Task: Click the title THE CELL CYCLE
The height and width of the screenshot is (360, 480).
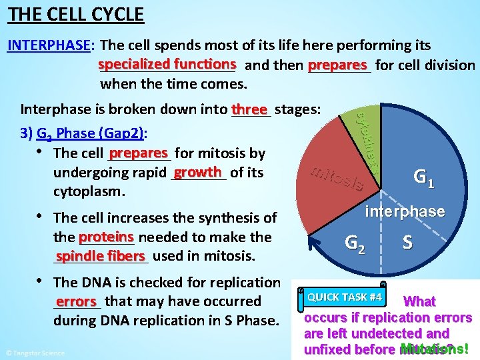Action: [76, 13]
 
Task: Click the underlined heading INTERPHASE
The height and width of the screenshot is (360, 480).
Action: [49, 45]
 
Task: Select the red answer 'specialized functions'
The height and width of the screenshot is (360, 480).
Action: [167, 64]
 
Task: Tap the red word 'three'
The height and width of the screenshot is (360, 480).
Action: [249, 108]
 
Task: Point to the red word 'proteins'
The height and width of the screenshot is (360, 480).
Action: [106, 237]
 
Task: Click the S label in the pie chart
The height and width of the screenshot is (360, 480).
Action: [407, 242]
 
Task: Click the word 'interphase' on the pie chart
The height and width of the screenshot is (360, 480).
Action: [405, 211]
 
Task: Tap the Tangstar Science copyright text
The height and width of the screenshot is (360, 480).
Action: [35, 353]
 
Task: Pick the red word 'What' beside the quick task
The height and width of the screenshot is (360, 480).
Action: [420, 301]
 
